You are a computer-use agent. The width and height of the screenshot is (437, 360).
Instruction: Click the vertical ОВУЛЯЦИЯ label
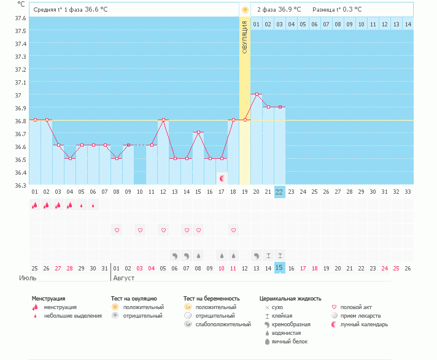[x=244, y=37]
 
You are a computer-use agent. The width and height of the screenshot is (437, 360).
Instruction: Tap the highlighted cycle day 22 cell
[x=279, y=192]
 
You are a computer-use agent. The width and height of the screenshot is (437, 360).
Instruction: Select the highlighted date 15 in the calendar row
[x=279, y=268]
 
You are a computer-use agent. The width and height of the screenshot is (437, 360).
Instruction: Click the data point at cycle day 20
[x=256, y=94]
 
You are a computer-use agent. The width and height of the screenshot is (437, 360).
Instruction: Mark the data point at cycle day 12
[x=163, y=120]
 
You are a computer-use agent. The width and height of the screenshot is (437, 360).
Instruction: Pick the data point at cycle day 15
[x=198, y=132]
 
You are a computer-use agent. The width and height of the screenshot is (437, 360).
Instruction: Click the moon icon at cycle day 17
[x=223, y=178]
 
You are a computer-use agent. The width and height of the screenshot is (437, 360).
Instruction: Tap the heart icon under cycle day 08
[x=117, y=230]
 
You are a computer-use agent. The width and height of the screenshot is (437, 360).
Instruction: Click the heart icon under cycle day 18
[x=233, y=230]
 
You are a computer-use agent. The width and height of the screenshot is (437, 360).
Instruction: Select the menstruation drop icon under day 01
[x=34, y=205]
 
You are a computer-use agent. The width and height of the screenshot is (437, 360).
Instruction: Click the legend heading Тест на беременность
[x=212, y=299]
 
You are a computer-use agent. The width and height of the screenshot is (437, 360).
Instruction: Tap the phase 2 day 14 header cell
[x=408, y=24]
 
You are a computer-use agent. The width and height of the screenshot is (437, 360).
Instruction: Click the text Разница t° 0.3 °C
[x=337, y=10]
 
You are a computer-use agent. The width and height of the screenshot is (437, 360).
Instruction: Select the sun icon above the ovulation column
[x=245, y=10]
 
